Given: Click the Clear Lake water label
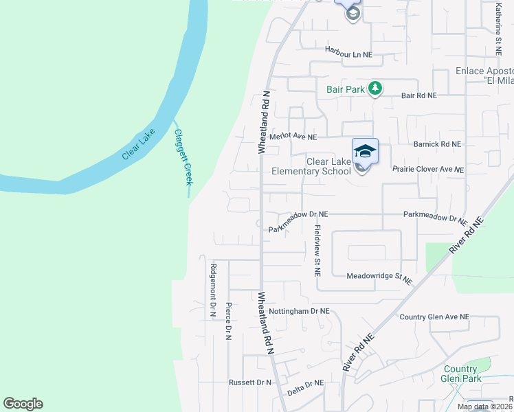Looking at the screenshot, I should (x=139, y=144).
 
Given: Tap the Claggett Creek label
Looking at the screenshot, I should (x=183, y=157).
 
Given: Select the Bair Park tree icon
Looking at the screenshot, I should (x=375, y=89).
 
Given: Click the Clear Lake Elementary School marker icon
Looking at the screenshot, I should (x=365, y=152).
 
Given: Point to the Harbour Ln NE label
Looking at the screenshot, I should (x=348, y=54).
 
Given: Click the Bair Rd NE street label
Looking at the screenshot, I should (x=418, y=96).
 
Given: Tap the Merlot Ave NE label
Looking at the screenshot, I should (x=292, y=137).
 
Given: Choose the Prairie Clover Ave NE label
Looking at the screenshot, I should (x=427, y=169).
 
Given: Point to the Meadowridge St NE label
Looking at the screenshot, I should (x=379, y=278).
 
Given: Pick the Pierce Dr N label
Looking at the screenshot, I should (x=228, y=319).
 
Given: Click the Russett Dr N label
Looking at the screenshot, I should (x=250, y=382).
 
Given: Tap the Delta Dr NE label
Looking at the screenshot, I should (x=304, y=384).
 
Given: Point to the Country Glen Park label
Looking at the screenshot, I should (x=460, y=374).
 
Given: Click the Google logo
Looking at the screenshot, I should (x=23, y=404).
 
